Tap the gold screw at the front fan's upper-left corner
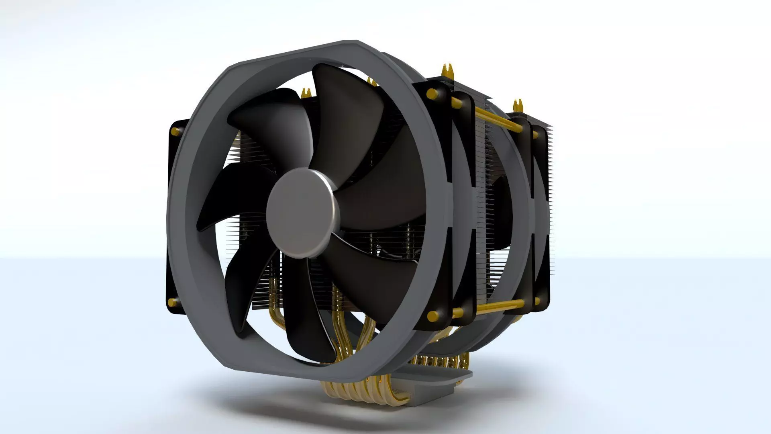coord(175,131)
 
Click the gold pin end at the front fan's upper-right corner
coord(432,94)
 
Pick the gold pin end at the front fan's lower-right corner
coord(433,316)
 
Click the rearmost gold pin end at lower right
coord(536,301)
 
